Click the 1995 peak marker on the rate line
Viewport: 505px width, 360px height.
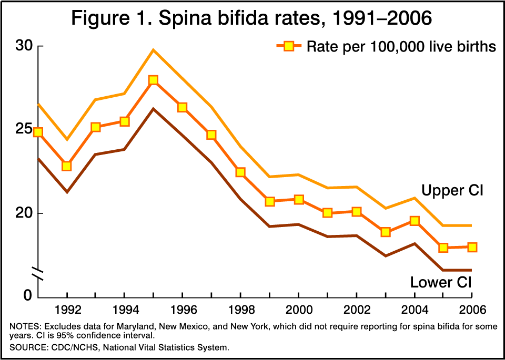[x=153, y=80]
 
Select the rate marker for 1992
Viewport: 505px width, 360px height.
[x=67, y=166]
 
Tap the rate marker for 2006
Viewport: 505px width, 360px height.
[x=472, y=247]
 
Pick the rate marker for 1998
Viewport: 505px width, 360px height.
[x=240, y=172]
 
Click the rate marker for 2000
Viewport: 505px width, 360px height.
[x=299, y=199]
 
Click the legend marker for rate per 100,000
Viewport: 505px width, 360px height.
[x=288, y=46]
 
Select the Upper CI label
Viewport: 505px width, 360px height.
[x=452, y=190]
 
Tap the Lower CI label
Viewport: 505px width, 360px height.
[x=441, y=282]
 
